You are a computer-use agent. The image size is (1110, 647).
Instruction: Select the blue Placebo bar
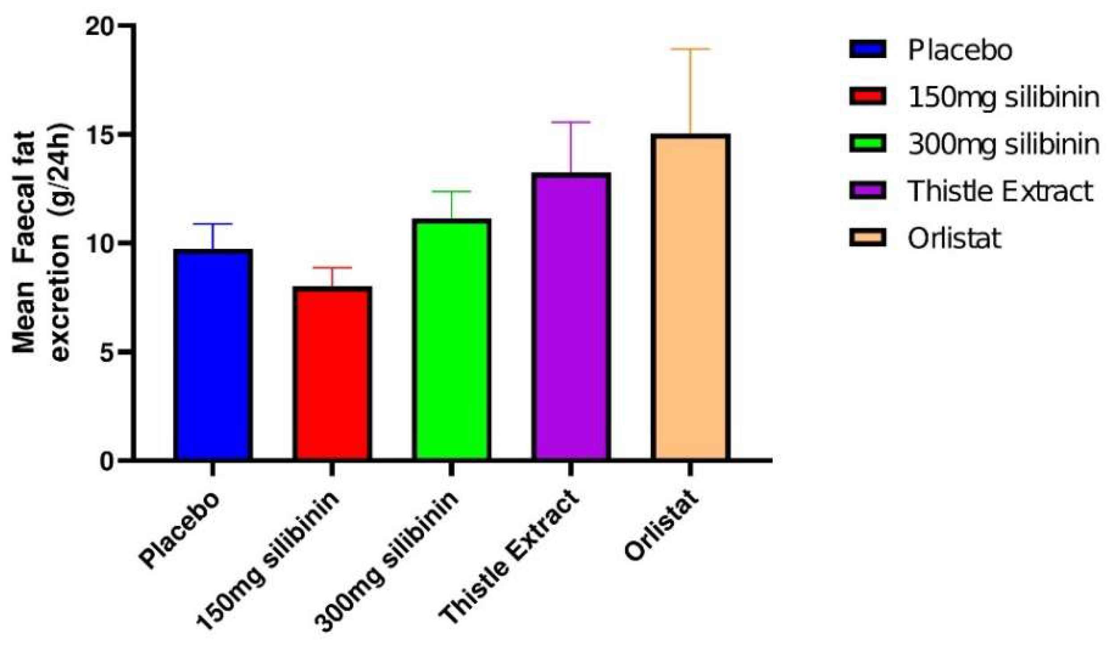click(213, 355)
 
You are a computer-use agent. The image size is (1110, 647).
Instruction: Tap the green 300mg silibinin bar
click(451, 340)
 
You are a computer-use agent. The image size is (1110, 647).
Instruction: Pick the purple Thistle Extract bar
click(571, 317)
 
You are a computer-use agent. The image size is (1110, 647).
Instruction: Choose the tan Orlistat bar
click(690, 297)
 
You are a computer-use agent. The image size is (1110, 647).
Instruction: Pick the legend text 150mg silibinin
click(1004, 97)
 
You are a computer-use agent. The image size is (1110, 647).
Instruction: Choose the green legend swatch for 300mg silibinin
click(867, 144)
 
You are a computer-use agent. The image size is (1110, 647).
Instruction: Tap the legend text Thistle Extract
click(1000, 191)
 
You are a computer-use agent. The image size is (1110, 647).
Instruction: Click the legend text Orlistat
click(954, 239)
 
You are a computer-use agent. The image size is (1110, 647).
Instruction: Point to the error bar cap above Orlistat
click(690, 49)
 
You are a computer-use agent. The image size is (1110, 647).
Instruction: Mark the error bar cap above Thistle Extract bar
click(571, 122)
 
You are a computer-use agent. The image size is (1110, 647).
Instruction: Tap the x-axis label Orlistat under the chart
click(661, 525)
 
